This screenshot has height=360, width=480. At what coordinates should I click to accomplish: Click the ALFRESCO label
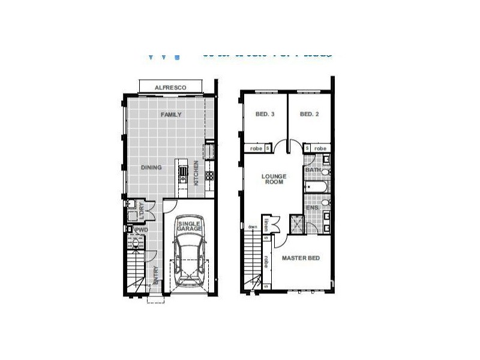pyautogui.click(x=170, y=88)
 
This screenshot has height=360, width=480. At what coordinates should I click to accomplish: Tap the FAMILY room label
pyautogui.click(x=170, y=115)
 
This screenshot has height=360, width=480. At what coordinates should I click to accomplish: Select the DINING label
pyautogui.click(x=151, y=167)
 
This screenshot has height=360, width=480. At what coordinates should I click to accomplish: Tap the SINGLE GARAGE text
pyautogui.click(x=190, y=226)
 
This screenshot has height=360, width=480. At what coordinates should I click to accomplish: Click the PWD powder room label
pyautogui.click(x=142, y=229)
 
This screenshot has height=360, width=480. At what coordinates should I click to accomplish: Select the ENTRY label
pyautogui.click(x=156, y=275)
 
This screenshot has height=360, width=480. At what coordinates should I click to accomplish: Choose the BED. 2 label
pyautogui.click(x=308, y=115)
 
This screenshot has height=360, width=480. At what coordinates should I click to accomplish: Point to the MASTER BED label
pyautogui.click(x=301, y=258)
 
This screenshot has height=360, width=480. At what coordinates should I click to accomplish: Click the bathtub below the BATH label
pyautogui.click(x=316, y=188)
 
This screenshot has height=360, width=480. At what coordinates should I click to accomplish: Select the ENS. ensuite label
pyautogui.click(x=313, y=208)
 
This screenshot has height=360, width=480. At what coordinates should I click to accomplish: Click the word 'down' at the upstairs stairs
pyautogui.click(x=253, y=226)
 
